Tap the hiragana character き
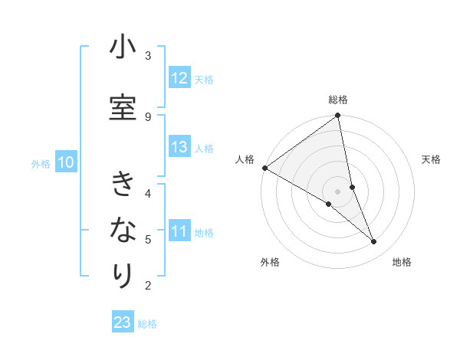click(x=123, y=185)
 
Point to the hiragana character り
click(x=123, y=275)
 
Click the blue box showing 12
click(x=179, y=78)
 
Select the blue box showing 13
click(x=179, y=148)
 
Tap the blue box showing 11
click(x=179, y=231)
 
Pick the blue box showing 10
click(x=66, y=162)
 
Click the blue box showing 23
click(x=123, y=322)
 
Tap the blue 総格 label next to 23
click(x=147, y=324)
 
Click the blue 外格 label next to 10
click(x=41, y=163)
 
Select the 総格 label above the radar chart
click(x=338, y=100)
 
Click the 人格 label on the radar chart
click(x=245, y=159)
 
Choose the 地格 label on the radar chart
click(x=402, y=262)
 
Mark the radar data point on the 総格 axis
click(x=338, y=116)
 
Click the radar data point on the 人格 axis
click(x=264, y=168)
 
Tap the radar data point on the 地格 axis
click(x=374, y=242)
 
